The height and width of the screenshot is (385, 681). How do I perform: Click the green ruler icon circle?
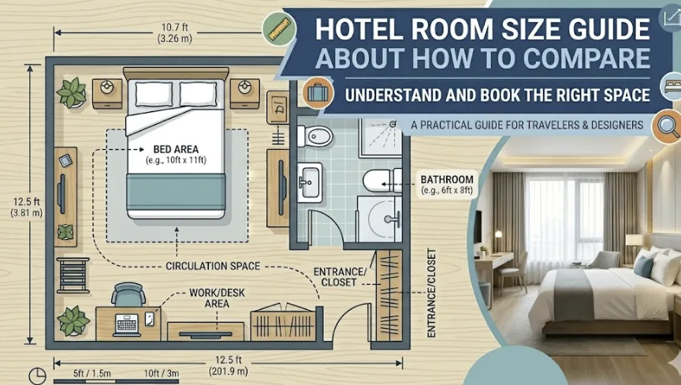[x=279, y=29]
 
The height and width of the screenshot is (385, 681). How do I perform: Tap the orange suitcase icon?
[x=318, y=92]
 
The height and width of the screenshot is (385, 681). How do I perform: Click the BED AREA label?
[x=176, y=149]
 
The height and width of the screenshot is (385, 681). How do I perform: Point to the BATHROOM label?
[x=447, y=179]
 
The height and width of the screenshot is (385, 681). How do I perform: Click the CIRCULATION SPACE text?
[x=213, y=266]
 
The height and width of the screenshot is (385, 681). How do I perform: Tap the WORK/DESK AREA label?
[x=218, y=298]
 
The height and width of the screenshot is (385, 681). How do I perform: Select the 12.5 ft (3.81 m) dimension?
[x=27, y=207]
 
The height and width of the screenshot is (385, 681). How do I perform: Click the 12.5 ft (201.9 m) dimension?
[x=229, y=365]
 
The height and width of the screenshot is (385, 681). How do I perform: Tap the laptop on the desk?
[x=127, y=324]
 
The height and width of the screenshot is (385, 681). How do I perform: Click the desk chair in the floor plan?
[x=128, y=294]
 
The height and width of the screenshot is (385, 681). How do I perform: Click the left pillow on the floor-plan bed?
[x=154, y=94]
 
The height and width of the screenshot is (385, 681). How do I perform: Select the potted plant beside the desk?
[x=73, y=320]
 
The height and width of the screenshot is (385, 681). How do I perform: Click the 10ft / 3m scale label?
[x=162, y=373]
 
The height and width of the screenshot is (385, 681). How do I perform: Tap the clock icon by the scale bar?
[x=37, y=376]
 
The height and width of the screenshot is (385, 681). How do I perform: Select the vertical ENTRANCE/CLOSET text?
[x=431, y=293]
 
